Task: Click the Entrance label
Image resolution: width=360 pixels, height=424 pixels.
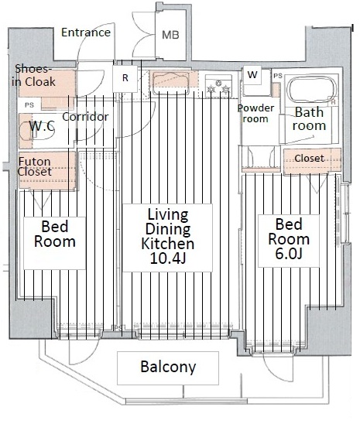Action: [x=86, y=32]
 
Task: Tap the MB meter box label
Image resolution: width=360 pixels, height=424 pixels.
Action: [x=170, y=35]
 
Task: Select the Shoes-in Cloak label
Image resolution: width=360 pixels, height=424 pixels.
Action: [x=33, y=76]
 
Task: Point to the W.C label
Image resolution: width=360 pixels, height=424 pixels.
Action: [x=42, y=126]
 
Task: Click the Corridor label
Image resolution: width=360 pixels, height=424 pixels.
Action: [x=85, y=117]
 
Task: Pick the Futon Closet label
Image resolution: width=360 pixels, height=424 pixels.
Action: [x=35, y=166]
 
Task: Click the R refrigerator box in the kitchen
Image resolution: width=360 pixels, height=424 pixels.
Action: [x=125, y=78]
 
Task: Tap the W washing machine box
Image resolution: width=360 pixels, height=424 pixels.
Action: [x=252, y=74]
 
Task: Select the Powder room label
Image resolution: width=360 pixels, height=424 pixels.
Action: [x=255, y=114]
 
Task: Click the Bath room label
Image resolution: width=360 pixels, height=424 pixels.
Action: [x=309, y=119]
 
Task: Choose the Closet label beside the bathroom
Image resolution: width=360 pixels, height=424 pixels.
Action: [x=309, y=158]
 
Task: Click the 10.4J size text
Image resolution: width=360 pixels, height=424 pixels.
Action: [x=168, y=258]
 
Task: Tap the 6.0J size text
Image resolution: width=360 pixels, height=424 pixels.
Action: [x=288, y=254]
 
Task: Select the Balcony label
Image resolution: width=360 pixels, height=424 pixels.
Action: [x=168, y=367]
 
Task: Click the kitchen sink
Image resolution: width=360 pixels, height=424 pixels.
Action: [x=171, y=80]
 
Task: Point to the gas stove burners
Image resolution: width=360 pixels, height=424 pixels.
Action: [x=218, y=86]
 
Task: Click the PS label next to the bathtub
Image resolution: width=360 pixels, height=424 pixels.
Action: [x=278, y=76]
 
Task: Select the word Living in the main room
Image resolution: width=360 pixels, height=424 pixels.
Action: [x=168, y=214]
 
